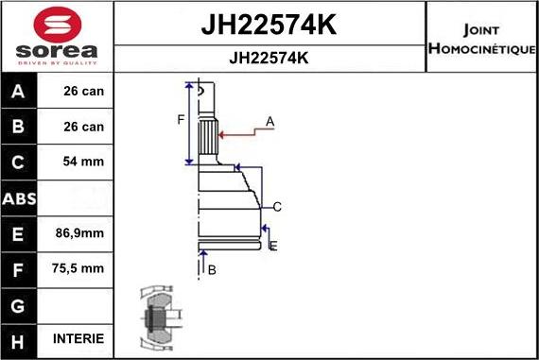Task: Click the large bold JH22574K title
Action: click(x=269, y=25)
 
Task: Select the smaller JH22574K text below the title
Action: click(x=269, y=57)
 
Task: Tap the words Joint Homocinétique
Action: click(x=481, y=38)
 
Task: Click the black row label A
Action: click(x=20, y=92)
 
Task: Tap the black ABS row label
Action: click(x=20, y=198)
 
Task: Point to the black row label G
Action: click(x=20, y=304)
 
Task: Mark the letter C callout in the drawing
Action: click(x=277, y=207)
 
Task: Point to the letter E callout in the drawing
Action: click(x=273, y=246)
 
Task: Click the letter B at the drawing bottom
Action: click(x=212, y=270)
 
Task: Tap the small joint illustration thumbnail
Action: click(x=156, y=317)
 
